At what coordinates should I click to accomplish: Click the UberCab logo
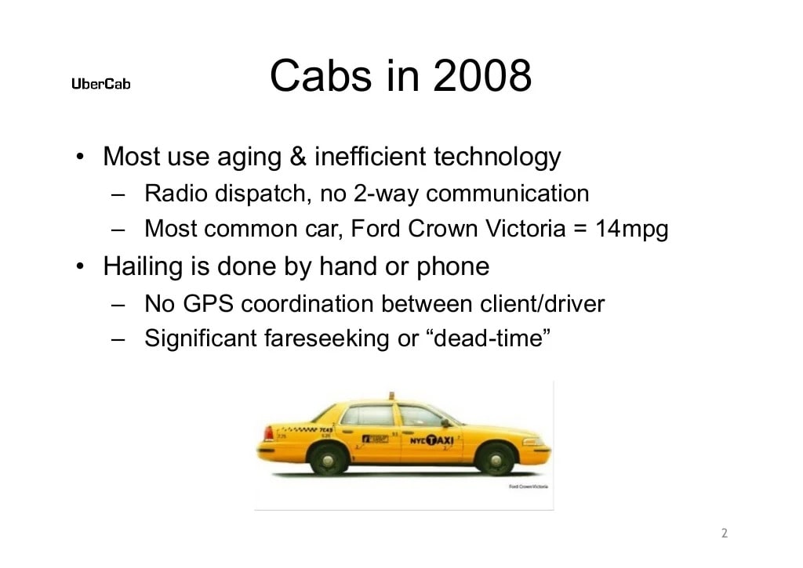[x=101, y=84]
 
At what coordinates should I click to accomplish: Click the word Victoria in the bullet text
[x=532, y=230]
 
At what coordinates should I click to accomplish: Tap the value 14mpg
[x=631, y=230]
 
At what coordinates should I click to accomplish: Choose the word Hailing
[x=141, y=267]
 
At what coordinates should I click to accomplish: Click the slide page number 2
[x=724, y=534]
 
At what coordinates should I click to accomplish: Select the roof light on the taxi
[x=392, y=396]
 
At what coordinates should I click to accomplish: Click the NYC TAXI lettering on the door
[x=432, y=440]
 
